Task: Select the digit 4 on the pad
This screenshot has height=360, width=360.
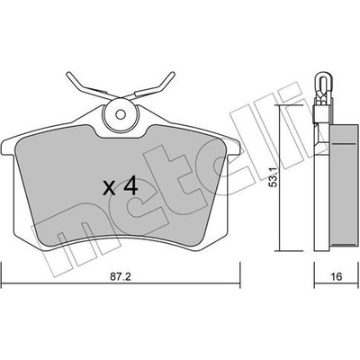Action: coord(130,186)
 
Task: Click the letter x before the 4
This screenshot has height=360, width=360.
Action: coord(109,189)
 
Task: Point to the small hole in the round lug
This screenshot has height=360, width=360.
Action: coord(121,114)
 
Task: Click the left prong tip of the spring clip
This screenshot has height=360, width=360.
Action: coord(68,74)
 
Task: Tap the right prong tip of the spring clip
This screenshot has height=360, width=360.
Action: coord(172,74)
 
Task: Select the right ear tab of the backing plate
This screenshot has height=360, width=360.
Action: coord(232,148)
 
